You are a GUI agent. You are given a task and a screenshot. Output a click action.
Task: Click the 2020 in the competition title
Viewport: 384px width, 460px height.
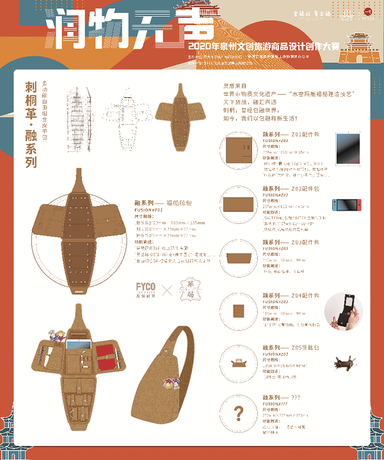(x=193, y=47)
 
